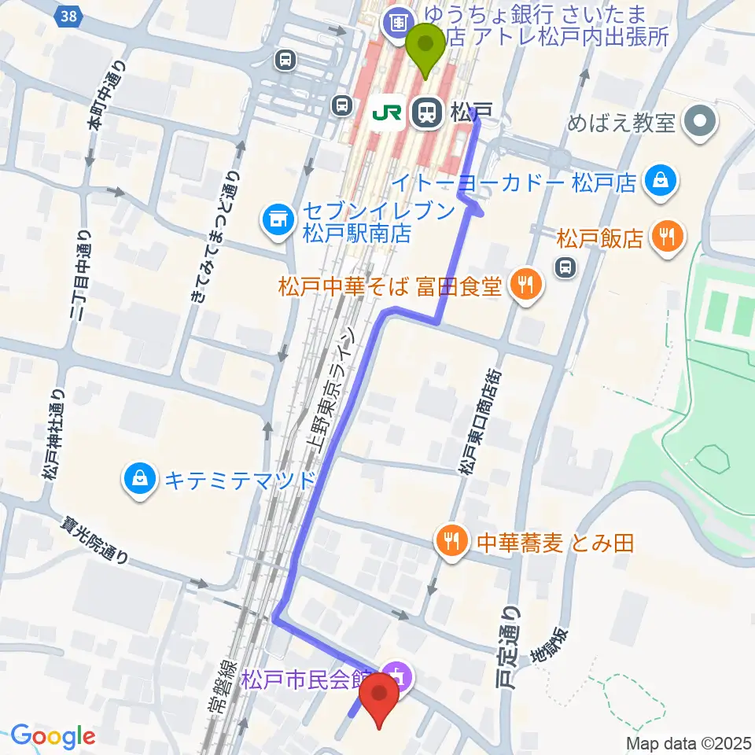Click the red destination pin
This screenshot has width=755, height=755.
[x=379, y=695]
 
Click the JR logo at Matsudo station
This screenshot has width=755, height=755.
[x=388, y=112]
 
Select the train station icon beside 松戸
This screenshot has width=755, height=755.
[x=425, y=112]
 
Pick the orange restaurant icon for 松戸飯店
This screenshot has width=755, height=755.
[x=668, y=238]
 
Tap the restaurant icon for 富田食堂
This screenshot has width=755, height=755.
[x=525, y=285]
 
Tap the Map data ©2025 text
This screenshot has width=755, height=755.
[x=689, y=742]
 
